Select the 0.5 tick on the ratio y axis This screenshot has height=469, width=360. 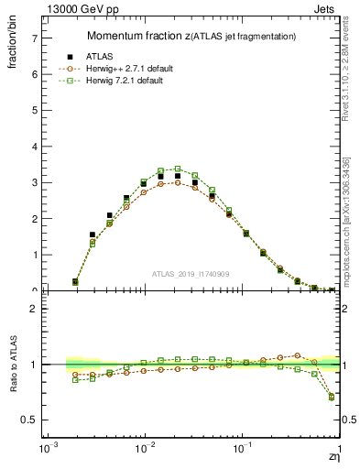click(x=30, y=420)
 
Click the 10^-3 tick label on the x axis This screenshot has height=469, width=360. click(x=45, y=451)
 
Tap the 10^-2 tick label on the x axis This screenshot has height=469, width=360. click(x=144, y=451)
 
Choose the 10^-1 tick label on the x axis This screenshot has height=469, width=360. click(x=242, y=451)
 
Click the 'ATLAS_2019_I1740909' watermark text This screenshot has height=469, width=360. click(x=191, y=275)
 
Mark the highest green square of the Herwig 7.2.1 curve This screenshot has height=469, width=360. click(x=178, y=169)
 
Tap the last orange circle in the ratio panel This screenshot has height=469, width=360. click(x=331, y=396)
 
